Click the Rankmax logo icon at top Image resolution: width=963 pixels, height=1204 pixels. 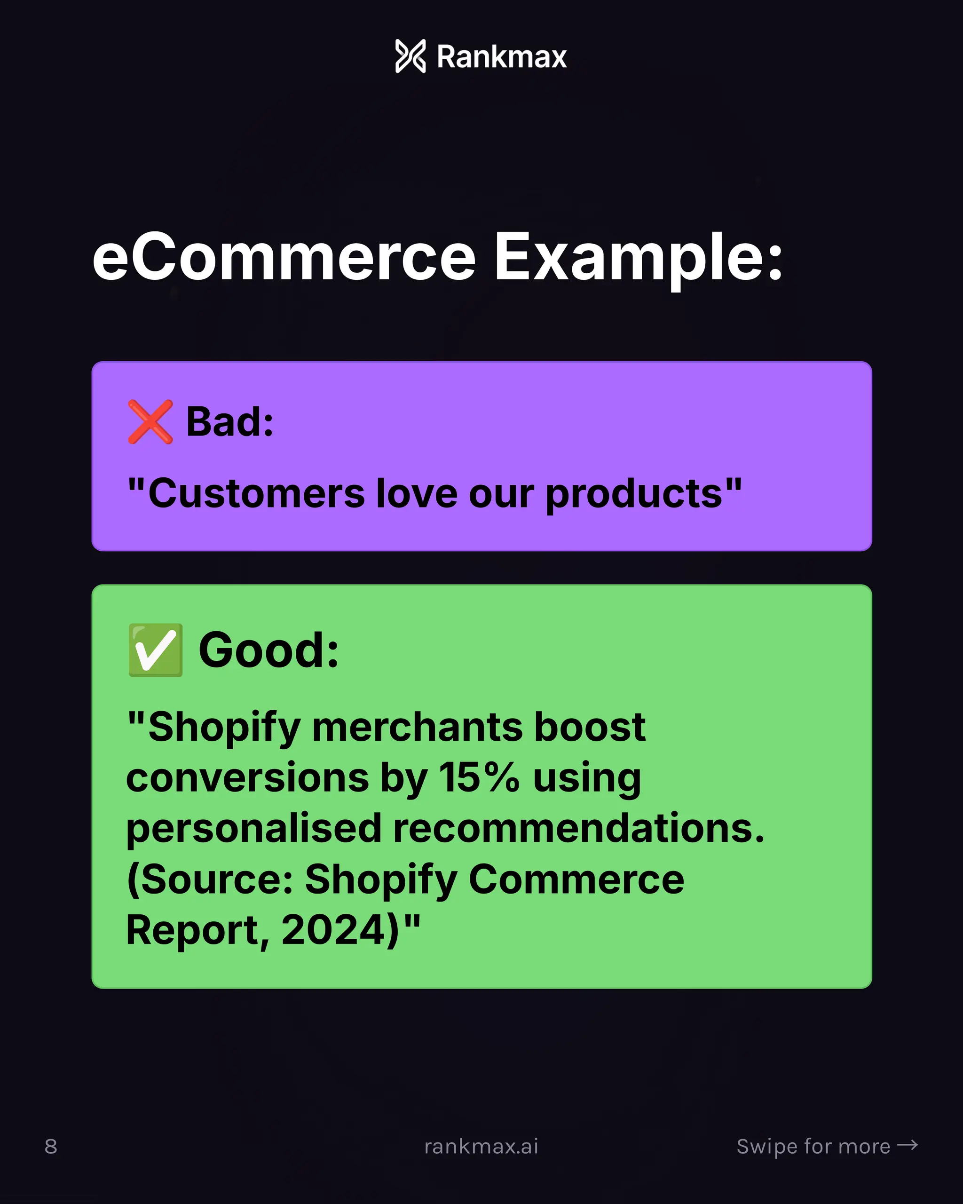(x=410, y=56)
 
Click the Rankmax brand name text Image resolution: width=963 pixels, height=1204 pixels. (x=501, y=57)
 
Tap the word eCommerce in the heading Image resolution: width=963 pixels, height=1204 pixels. (x=284, y=257)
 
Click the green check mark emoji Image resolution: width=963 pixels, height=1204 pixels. (x=155, y=650)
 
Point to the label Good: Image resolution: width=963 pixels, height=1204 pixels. (x=268, y=650)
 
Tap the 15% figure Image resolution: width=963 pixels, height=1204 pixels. (x=479, y=777)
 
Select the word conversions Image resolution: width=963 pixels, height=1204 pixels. (x=247, y=777)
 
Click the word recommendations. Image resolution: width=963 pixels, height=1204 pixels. (x=578, y=828)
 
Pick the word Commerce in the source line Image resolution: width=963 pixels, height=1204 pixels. (x=576, y=879)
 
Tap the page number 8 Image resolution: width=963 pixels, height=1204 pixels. (x=51, y=1147)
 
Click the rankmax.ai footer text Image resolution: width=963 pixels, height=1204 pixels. (x=481, y=1147)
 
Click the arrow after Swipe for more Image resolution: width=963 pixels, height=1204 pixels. (x=907, y=1145)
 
